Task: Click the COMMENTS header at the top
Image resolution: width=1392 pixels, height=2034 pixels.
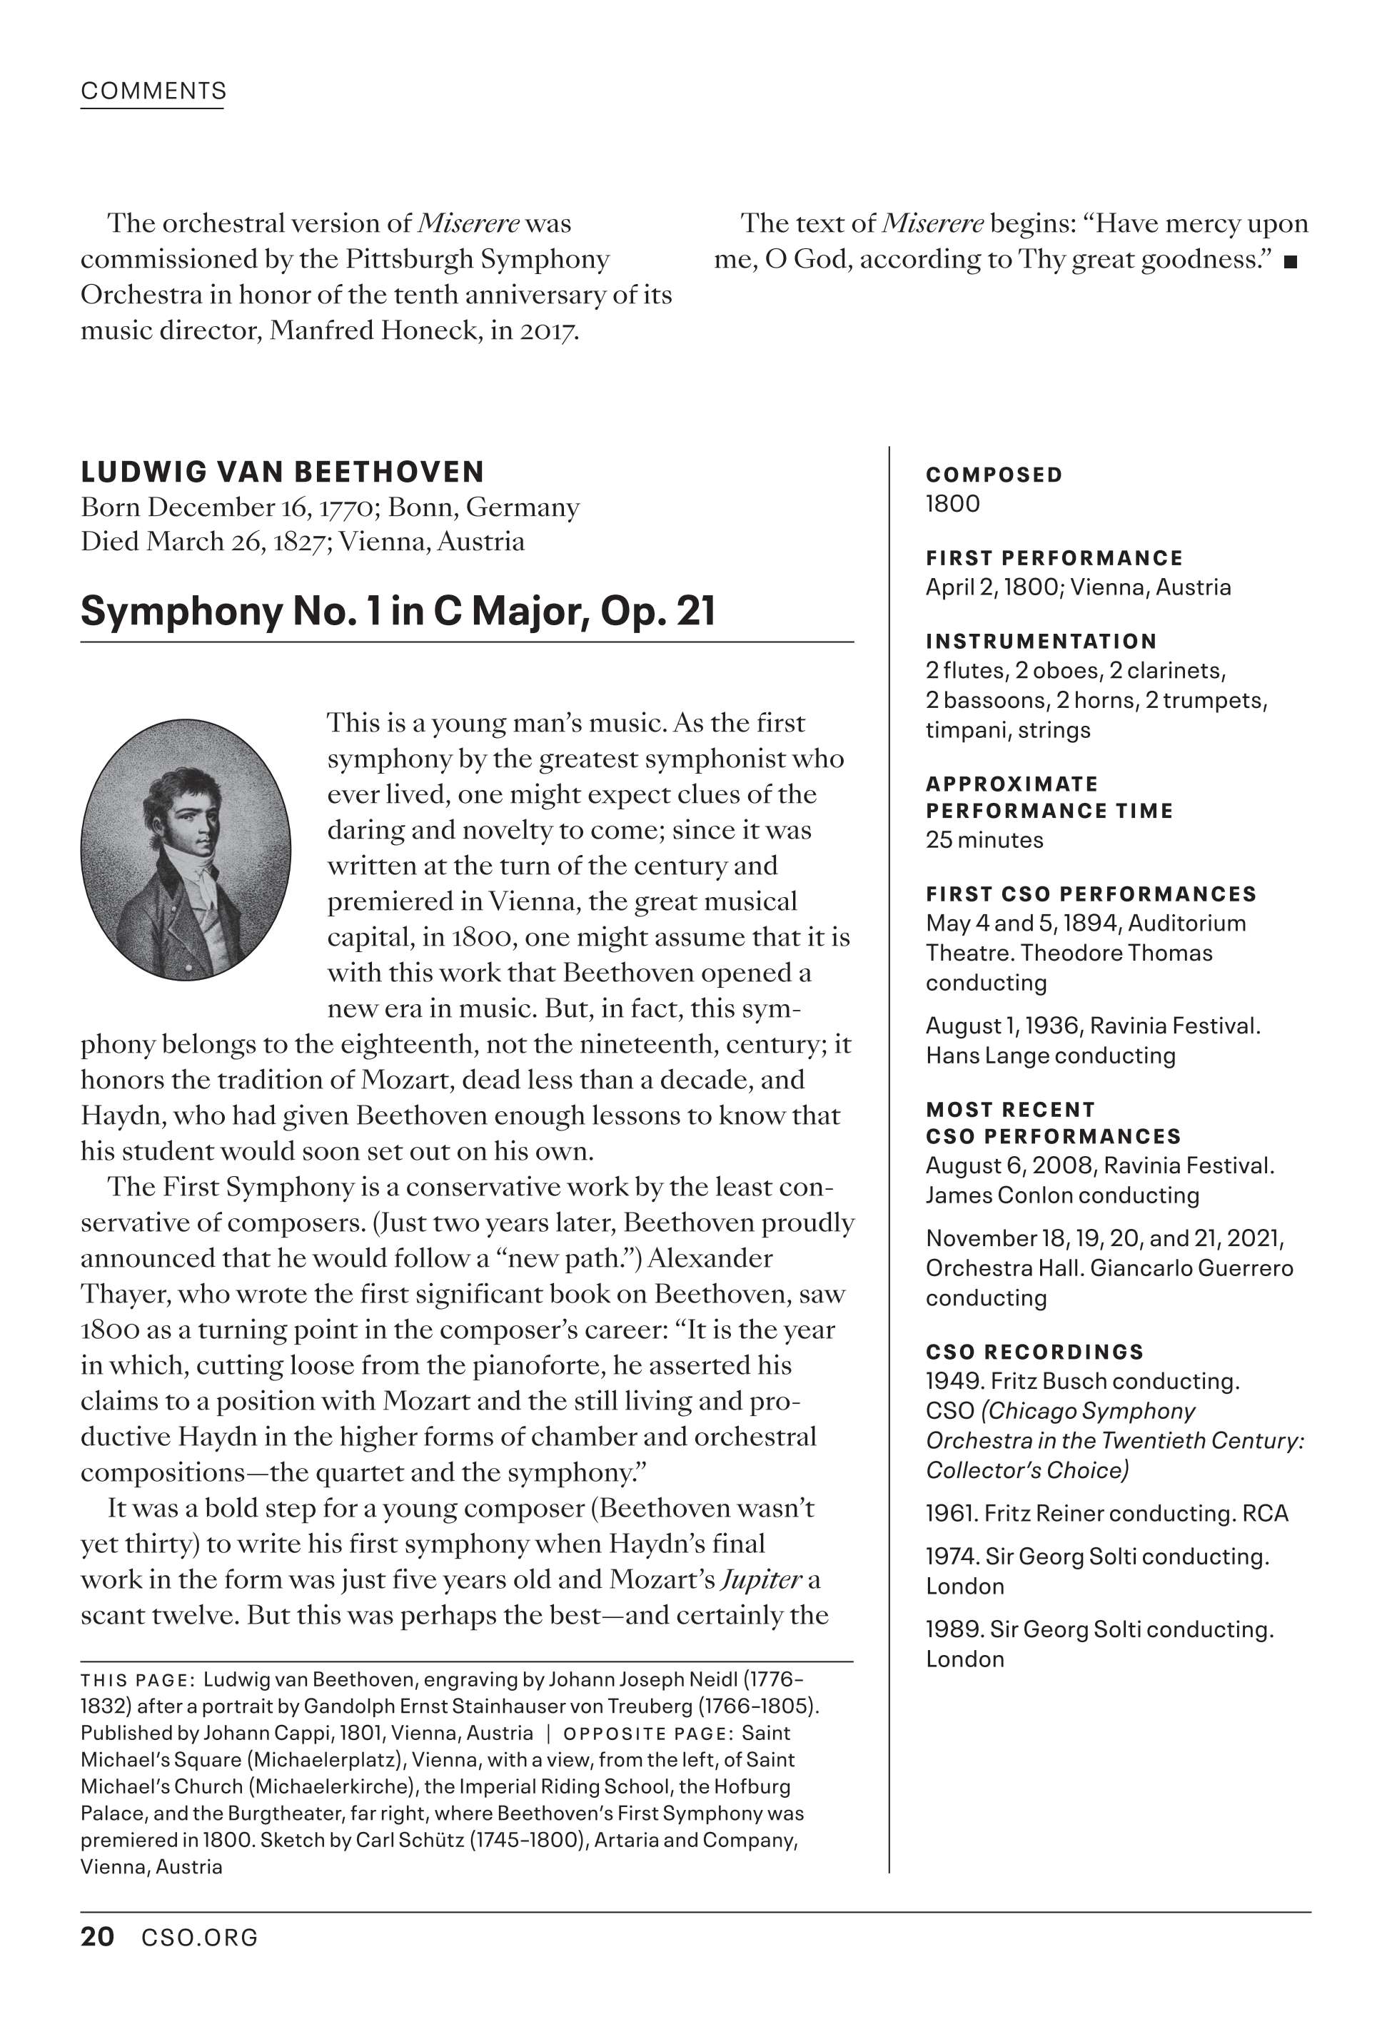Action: click(153, 91)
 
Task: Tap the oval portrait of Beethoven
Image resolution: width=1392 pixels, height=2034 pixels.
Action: click(186, 849)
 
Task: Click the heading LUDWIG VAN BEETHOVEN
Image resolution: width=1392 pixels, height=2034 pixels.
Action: click(282, 472)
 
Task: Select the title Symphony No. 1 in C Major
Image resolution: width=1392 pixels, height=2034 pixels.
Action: click(398, 611)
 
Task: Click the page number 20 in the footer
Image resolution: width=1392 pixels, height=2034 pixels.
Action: click(97, 1937)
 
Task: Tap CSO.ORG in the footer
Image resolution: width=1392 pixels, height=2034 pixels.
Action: click(200, 1938)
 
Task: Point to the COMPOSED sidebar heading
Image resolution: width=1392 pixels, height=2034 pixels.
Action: click(994, 475)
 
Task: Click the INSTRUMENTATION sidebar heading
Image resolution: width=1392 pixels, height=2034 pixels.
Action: click(1041, 642)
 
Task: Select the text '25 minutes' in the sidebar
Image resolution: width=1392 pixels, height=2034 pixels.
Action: click(984, 840)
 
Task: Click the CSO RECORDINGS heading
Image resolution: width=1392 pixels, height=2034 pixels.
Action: click(1034, 1352)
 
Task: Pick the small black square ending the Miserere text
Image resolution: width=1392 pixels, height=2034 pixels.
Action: click(1290, 262)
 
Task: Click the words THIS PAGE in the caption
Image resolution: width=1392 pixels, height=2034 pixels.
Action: click(136, 1681)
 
